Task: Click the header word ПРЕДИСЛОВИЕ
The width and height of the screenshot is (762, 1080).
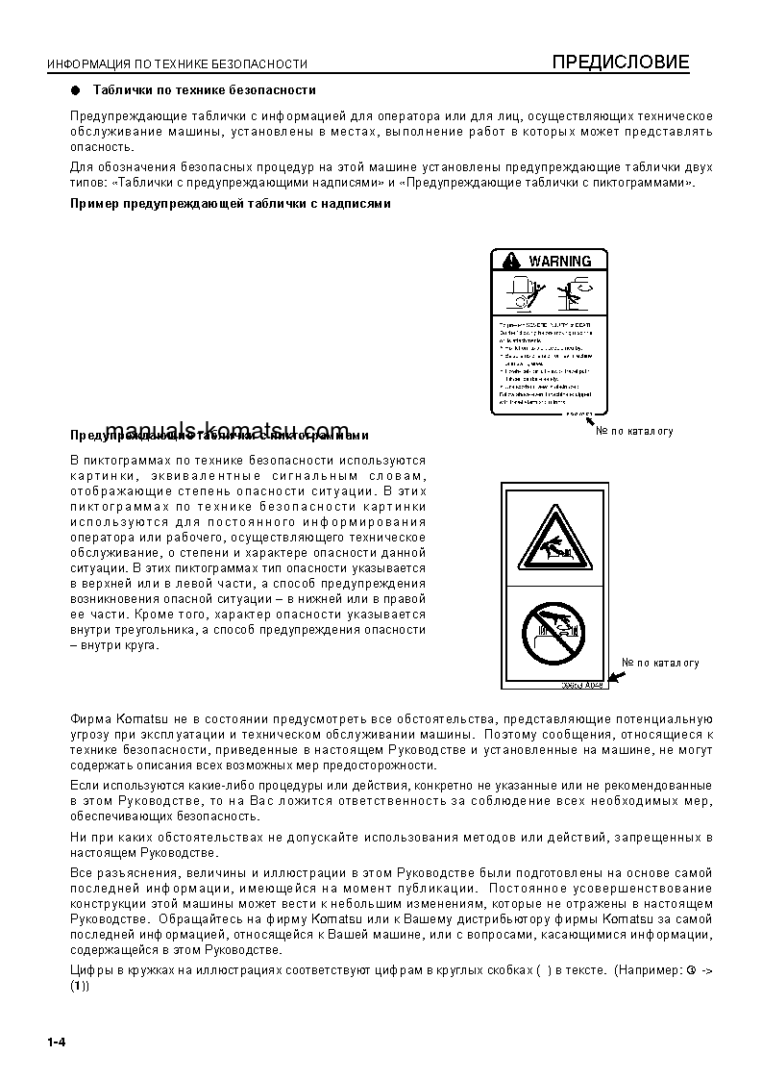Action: [x=620, y=63]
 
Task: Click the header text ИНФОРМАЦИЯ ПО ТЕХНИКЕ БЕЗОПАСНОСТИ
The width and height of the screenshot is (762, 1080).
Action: [x=177, y=64]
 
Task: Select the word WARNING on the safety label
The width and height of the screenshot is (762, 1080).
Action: [x=559, y=261]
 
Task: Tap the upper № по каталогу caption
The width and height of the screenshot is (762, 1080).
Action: [x=634, y=431]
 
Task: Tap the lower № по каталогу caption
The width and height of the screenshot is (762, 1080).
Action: [x=660, y=663]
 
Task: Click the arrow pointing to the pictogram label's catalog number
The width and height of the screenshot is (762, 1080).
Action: [x=615, y=677]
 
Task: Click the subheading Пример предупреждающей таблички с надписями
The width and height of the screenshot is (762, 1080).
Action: [x=231, y=203]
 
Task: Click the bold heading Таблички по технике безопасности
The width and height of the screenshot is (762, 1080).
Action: [x=204, y=89]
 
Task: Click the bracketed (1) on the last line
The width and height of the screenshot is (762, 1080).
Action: [x=80, y=987]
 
